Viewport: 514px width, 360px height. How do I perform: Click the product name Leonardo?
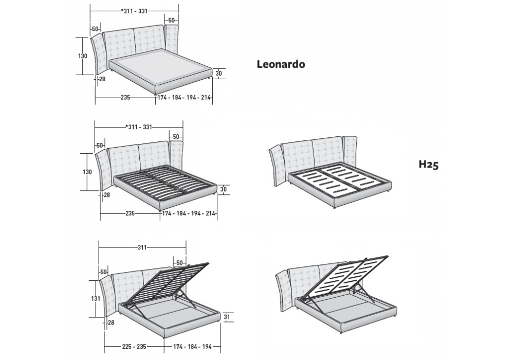(281, 64)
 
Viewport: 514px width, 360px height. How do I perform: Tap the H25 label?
(428, 165)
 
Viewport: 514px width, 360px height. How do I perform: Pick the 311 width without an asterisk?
(141, 247)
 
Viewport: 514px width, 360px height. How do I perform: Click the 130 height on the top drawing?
(83, 56)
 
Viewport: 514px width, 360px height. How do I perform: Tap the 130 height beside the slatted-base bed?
(87, 172)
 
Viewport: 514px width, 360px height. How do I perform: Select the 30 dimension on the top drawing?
(218, 74)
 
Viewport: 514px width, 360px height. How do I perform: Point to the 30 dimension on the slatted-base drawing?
(223, 189)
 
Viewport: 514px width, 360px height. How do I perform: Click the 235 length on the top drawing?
(125, 97)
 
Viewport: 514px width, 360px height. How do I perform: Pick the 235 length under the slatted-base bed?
(130, 213)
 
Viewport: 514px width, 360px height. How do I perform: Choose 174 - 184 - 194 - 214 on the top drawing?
(184, 97)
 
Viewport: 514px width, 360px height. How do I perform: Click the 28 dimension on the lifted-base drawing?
(111, 322)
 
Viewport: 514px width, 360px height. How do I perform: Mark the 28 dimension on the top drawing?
(101, 79)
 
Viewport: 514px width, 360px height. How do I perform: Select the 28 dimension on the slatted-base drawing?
(106, 195)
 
